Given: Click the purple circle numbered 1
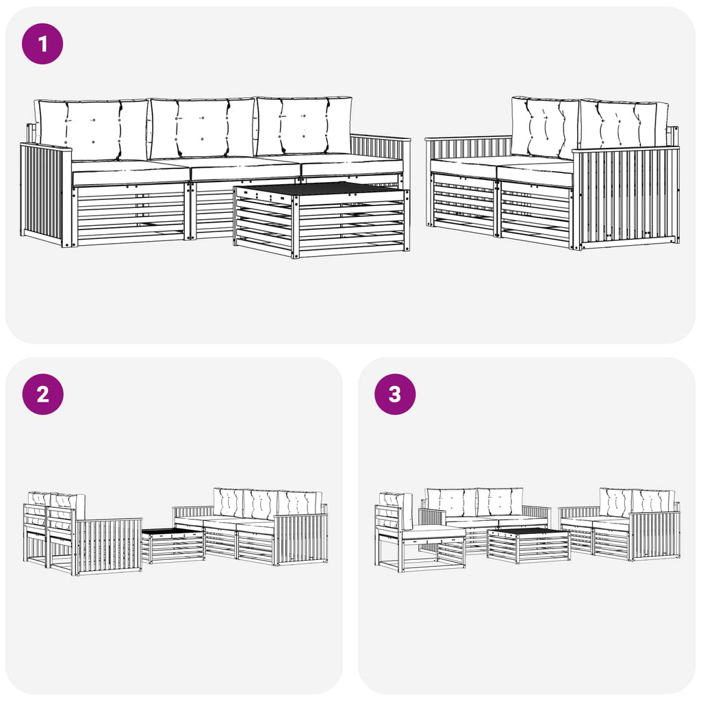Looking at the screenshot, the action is [42, 44].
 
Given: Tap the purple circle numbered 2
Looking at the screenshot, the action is [42, 394].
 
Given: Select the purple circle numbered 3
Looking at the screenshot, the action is [395, 394].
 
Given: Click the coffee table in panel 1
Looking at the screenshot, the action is [322, 219].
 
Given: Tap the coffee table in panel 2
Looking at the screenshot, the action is [173, 545].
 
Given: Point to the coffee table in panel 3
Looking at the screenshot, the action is [528, 545].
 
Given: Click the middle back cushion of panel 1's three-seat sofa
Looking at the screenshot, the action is [202, 129].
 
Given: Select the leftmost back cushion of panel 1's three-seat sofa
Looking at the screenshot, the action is [92, 129].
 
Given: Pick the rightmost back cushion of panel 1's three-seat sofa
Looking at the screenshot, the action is [304, 126].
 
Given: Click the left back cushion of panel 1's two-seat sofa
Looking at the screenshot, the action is [546, 127].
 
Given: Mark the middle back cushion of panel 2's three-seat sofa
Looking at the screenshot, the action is [260, 505].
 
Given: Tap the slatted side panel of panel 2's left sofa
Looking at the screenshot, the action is [109, 546].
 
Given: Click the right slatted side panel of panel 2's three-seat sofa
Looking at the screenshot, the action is [300, 540].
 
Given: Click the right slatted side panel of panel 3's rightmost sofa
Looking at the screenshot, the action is [654, 536].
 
